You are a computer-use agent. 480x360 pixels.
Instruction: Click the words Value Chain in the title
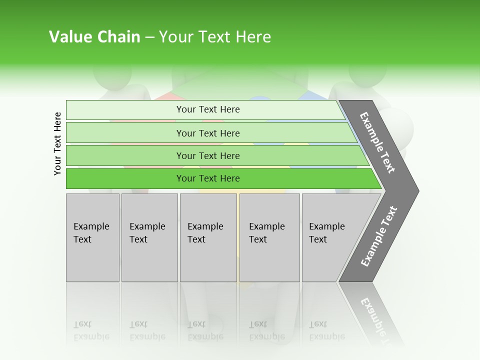(94, 37)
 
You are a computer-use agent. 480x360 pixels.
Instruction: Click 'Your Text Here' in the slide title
(215, 37)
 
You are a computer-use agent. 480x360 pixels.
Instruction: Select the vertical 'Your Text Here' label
(58, 143)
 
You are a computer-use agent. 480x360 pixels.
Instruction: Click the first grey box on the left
(92, 237)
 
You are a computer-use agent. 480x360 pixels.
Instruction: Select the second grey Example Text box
(149, 237)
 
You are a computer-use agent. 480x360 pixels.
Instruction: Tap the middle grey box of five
(208, 237)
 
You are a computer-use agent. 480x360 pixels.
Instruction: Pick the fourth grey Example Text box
(269, 237)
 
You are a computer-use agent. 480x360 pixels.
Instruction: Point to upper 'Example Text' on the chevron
(377, 142)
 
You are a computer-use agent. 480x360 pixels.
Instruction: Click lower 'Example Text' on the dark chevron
(378, 236)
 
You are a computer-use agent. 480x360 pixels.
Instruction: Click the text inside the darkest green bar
(208, 178)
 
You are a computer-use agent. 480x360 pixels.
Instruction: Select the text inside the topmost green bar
(208, 109)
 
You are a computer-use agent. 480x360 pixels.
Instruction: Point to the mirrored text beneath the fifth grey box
(326, 330)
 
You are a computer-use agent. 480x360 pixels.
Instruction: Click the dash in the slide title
(149, 37)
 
